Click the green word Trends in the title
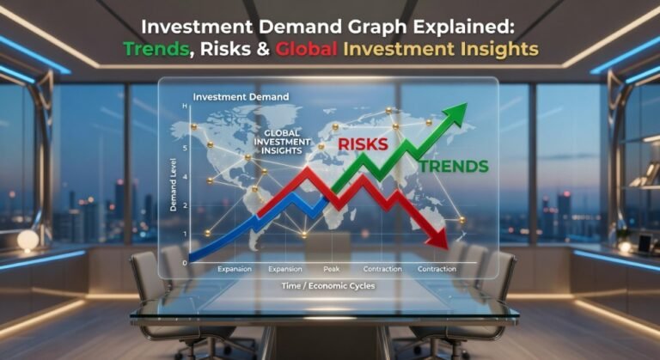tap(156, 50)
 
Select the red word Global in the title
tap(307, 50)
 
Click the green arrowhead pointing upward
tap(456, 113)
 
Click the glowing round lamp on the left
tap(28, 240)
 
